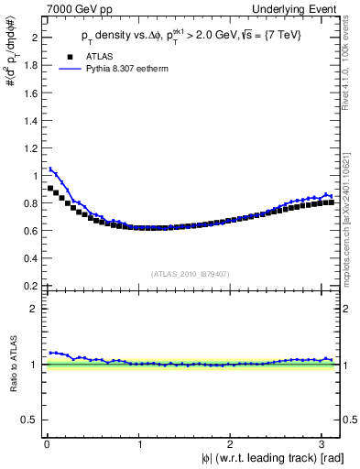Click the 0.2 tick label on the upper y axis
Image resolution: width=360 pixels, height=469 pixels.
[30, 285]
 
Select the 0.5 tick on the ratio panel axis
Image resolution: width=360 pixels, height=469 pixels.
[30, 420]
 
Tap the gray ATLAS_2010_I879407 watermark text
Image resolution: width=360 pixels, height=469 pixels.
[191, 272]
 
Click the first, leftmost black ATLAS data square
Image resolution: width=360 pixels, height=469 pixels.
[51, 188]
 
